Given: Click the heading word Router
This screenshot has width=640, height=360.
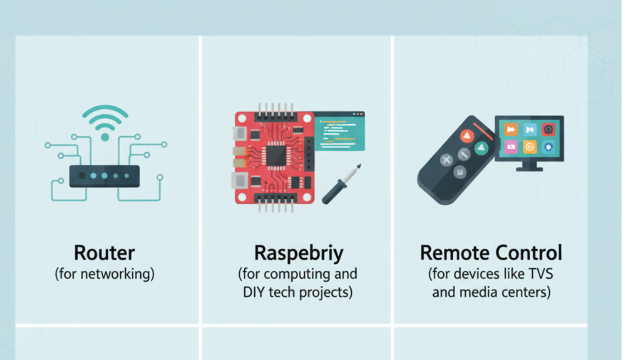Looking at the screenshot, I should [x=104, y=253].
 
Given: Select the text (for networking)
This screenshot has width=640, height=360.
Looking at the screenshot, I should [x=104, y=274].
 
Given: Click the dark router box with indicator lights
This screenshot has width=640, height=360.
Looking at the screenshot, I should [x=104, y=176].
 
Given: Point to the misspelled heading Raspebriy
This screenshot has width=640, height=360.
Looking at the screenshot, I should [x=298, y=253].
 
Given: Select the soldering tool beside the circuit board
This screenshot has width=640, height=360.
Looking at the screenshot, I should [x=341, y=184].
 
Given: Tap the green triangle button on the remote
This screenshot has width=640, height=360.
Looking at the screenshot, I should [x=480, y=147].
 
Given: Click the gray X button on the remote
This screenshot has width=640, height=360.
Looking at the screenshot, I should [x=446, y=160].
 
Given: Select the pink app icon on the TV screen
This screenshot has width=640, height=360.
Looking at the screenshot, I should [x=510, y=146].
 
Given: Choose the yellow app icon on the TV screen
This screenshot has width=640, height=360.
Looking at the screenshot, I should [x=529, y=146].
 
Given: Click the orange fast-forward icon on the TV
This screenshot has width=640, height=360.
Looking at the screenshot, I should [x=510, y=129].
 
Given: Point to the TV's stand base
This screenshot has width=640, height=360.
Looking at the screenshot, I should [x=529, y=168].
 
